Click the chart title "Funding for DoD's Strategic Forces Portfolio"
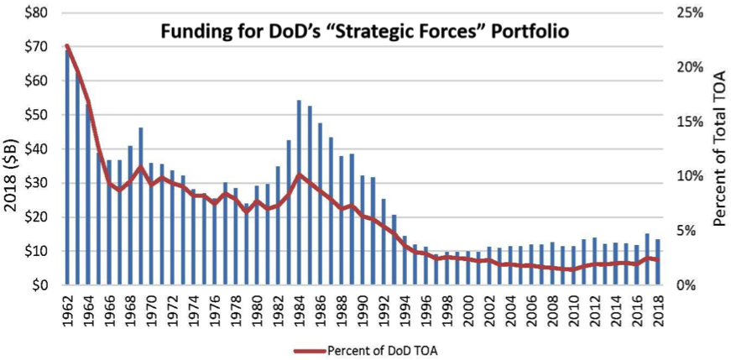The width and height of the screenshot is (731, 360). pyautogui.click(x=366, y=34)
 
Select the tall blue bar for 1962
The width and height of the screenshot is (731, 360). pyautogui.click(x=68, y=168)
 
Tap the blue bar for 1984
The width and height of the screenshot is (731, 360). pyautogui.click(x=299, y=193)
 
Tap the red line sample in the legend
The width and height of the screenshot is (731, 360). pyautogui.click(x=310, y=349)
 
